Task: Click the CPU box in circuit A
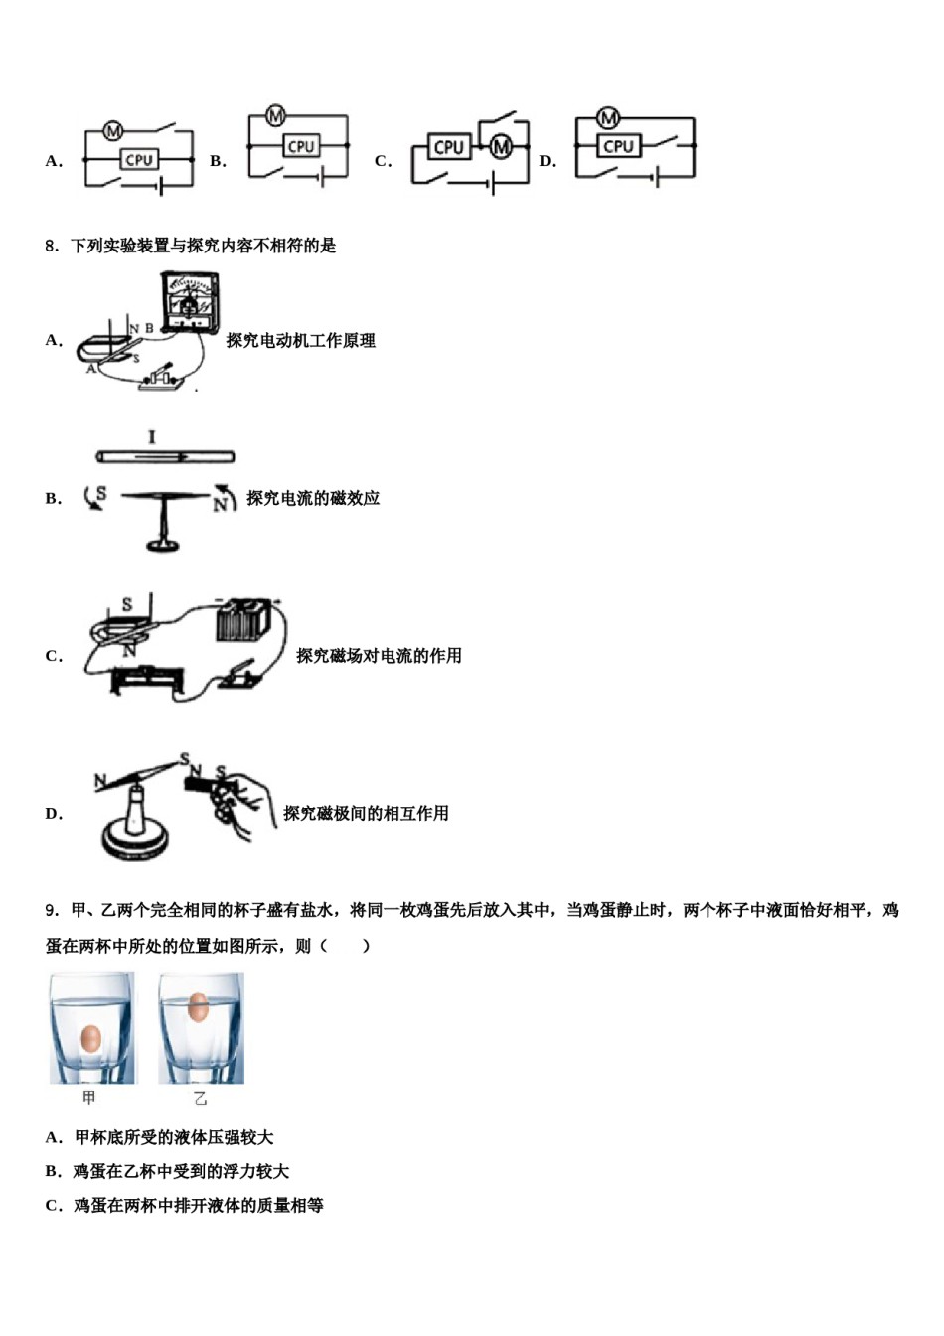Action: pos(138,159)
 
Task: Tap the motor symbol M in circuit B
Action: pos(275,117)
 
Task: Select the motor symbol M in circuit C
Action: pos(501,147)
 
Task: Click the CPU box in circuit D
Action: pos(618,146)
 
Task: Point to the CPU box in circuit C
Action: pos(449,147)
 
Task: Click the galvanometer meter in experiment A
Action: pos(189,300)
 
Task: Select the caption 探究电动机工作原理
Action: pos(300,341)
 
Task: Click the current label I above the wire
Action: pos(151,437)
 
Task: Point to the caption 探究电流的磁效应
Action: pos(313,499)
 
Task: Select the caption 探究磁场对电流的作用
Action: pos(379,656)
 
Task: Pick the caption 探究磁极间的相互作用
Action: pos(366,814)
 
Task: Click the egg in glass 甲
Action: pos(90,1038)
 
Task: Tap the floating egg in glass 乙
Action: pos(198,1006)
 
